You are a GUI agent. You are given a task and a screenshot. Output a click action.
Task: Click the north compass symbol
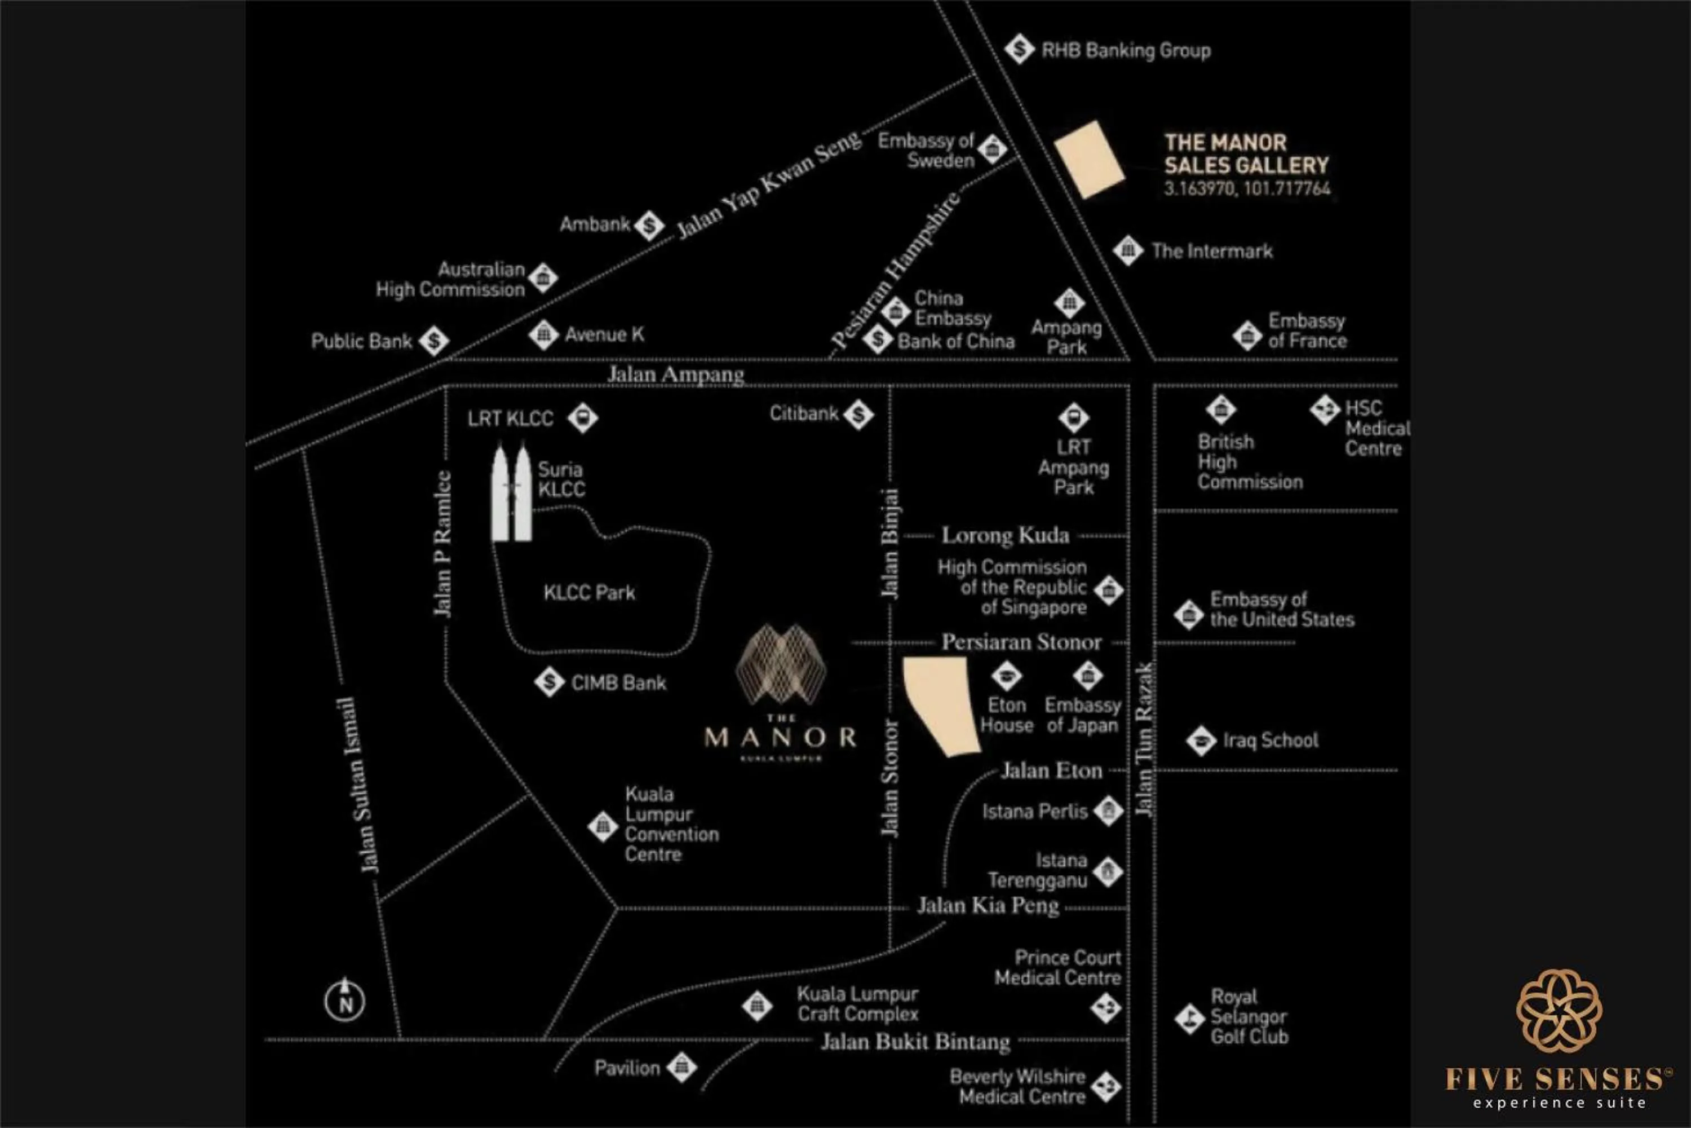tap(345, 1000)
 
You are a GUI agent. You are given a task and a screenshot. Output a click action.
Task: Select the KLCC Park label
tap(589, 593)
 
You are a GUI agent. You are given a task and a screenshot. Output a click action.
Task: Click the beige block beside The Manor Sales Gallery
tap(1088, 160)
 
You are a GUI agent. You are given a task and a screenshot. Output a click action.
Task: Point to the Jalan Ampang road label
tap(676, 374)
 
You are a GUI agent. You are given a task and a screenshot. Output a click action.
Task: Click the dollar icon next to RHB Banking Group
tap(1019, 50)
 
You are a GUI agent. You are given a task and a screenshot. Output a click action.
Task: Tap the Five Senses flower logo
tap(1559, 1011)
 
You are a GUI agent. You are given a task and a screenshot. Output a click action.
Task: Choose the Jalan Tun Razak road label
tap(1143, 739)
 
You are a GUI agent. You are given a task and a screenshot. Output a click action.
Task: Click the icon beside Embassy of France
tap(1247, 335)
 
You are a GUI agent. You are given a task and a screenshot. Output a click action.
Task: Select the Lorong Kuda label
tap(1005, 535)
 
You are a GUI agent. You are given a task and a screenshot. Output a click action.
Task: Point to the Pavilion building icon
tap(681, 1067)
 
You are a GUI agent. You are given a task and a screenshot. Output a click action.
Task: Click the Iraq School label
tap(1271, 740)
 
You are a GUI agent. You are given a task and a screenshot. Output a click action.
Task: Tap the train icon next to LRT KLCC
tap(582, 417)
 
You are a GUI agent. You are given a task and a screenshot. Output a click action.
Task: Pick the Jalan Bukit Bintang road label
tap(915, 1041)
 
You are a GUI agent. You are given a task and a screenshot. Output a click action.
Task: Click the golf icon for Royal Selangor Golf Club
tap(1189, 1018)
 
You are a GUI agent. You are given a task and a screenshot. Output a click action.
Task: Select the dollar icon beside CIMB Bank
tap(549, 682)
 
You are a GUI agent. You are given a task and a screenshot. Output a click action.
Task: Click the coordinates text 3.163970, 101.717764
tap(1247, 188)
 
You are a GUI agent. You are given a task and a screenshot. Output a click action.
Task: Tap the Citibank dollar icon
tap(858, 415)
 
